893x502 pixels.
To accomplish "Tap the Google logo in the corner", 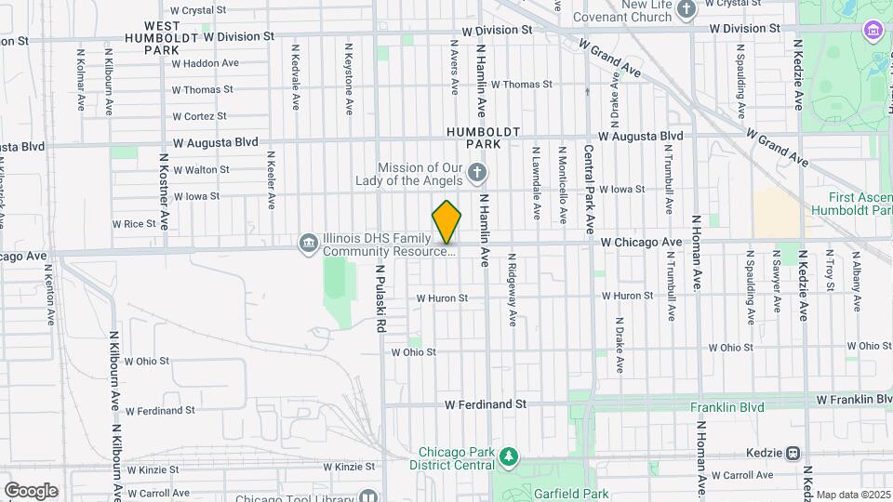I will point(31,491).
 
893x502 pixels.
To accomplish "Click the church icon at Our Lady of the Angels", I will point(476,172).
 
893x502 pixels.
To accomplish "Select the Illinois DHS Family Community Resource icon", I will point(308,244).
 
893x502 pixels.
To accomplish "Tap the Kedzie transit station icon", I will point(793,453).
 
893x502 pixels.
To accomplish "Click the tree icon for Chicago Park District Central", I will point(508,456).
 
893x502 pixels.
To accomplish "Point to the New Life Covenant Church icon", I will point(686,10).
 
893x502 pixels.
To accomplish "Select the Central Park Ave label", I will point(589,188).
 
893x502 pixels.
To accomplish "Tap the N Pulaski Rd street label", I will point(380,297).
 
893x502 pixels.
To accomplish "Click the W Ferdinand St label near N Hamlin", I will point(485,404).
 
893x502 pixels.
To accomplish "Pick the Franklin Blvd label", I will point(726,407).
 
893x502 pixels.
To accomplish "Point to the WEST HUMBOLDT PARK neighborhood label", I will point(162,37).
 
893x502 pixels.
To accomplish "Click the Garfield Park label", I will point(569,495).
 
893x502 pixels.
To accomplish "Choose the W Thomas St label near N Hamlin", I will point(521,85).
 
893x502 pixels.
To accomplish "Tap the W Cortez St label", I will point(199,116).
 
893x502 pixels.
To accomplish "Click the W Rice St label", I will point(134,224).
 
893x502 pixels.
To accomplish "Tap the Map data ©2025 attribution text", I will point(853,495).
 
